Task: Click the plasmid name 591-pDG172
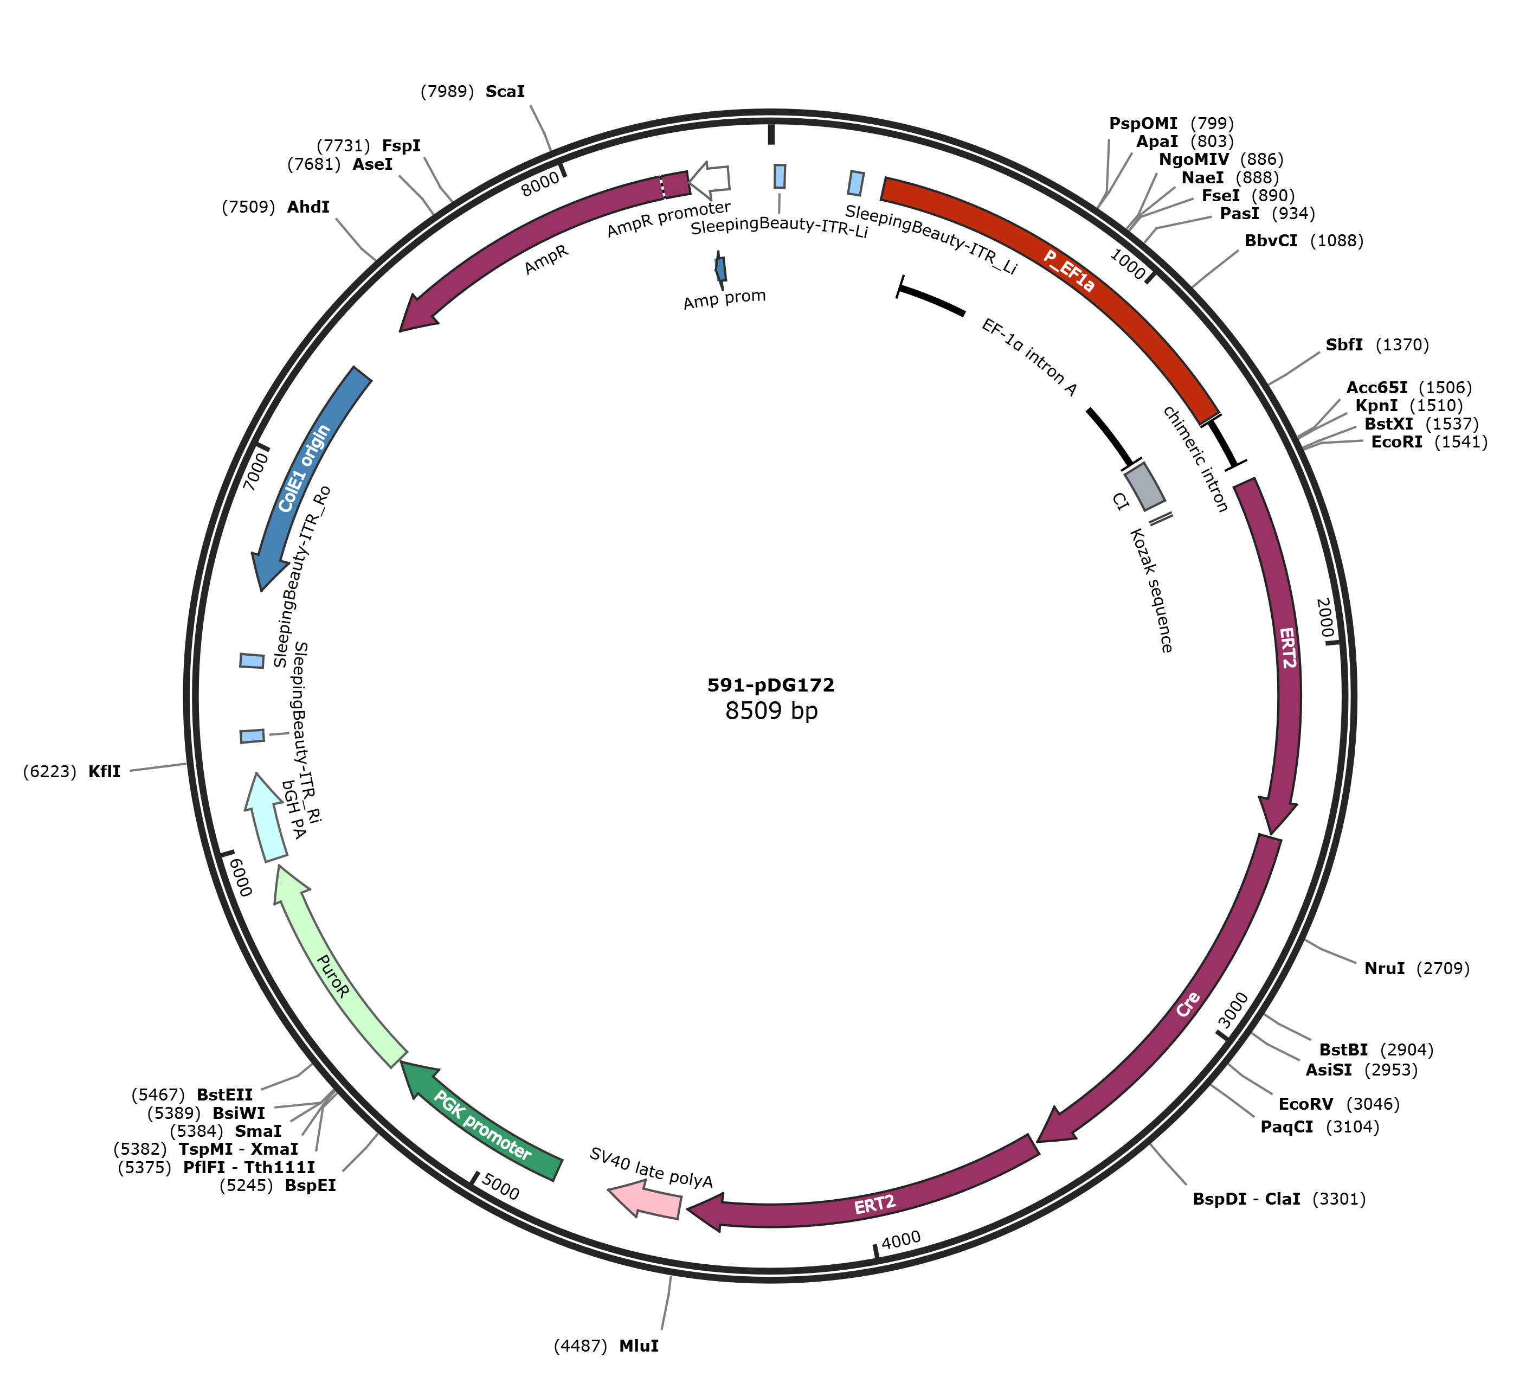pos(771,684)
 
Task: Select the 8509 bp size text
pos(771,710)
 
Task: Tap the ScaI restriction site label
pos(505,92)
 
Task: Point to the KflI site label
pos(104,772)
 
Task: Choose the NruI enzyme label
pos(1385,968)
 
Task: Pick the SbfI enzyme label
pos(1344,344)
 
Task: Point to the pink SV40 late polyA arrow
pos(644,1198)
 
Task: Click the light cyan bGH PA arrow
pos(266,818)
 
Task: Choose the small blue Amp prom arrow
pos(720,268)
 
